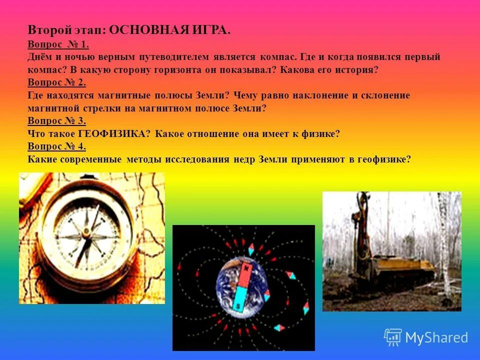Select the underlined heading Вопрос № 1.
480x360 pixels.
(x=58, y=44)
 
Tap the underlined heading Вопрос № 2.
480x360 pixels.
(x=57, y=82)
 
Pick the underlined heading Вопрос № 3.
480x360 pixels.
(x=57, y=120)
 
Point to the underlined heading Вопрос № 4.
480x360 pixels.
(x=57, y=146)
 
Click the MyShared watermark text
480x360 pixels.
(x=436, y=338)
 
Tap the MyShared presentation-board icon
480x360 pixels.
(x=392, y=337)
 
